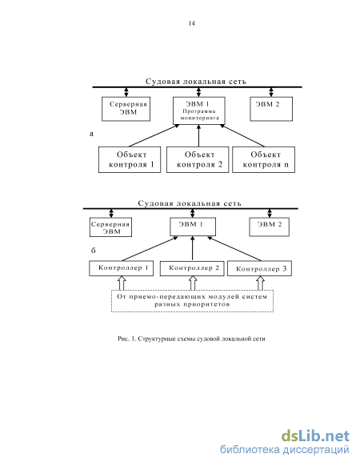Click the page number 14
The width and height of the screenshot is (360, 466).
tap(191, 23)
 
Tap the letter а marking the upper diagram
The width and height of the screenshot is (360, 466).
tap(91, 134)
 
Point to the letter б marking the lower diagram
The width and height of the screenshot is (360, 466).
tap(94, 251)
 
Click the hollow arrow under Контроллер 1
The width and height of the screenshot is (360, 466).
tap(122, 283)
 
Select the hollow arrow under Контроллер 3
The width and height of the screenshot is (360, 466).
tap(260, 283)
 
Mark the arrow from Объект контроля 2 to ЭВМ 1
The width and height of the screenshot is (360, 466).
tap(198, 135)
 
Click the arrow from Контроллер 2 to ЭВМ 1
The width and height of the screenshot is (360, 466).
tap(193, 248)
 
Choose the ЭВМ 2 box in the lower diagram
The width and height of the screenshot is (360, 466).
tap(269, 227)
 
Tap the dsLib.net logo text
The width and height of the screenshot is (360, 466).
tap(315, 436)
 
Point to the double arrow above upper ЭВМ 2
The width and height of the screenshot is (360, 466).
tap(271, 92)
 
